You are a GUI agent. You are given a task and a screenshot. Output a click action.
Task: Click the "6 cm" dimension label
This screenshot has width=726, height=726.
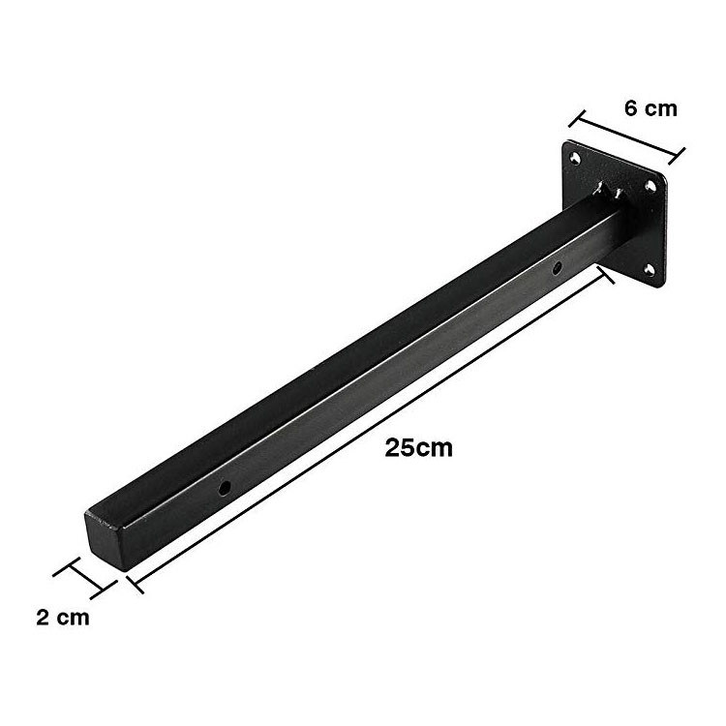650,108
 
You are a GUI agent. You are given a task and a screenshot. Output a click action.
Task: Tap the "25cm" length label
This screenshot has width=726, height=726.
418,448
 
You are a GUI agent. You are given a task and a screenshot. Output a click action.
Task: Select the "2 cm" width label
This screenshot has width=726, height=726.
63,618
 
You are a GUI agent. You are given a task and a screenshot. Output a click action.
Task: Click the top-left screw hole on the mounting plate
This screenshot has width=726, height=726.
575,159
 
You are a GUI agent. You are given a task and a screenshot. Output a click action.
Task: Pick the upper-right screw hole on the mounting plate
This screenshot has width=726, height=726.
650,186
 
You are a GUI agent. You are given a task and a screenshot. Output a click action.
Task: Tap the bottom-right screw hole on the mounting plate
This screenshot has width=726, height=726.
650,270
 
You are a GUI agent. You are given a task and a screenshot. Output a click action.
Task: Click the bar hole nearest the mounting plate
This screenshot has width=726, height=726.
558,267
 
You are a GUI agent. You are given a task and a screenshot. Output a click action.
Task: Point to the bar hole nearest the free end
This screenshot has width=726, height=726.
225,488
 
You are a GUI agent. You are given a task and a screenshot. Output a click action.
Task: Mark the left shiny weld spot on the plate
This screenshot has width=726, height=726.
601,188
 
